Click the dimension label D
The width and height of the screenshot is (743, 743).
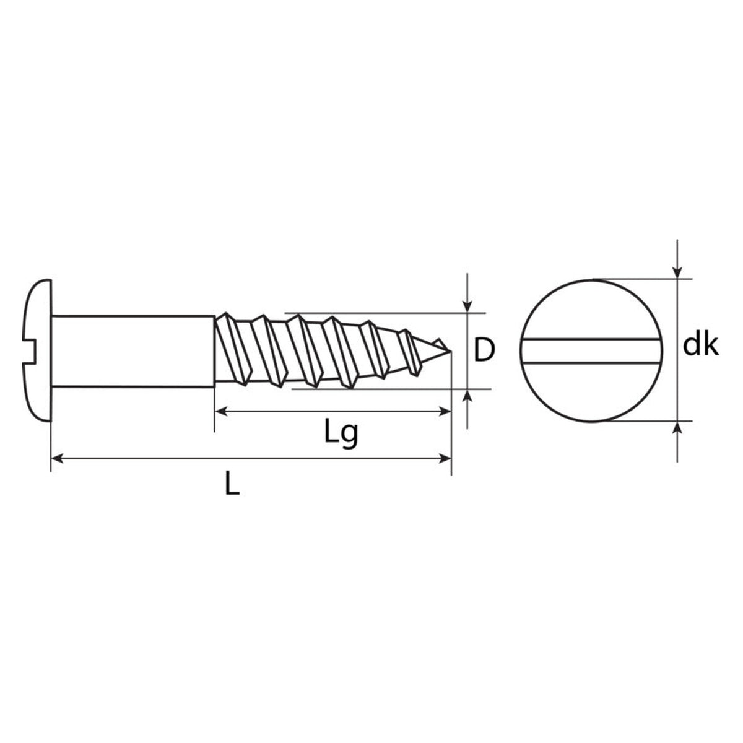pos(484,350)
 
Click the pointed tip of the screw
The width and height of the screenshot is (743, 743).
pos(450,351)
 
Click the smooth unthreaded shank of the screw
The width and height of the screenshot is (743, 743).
pos(133,350)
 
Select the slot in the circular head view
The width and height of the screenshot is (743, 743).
pos(591,351)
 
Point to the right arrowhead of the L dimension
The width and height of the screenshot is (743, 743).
pos(445,458)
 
